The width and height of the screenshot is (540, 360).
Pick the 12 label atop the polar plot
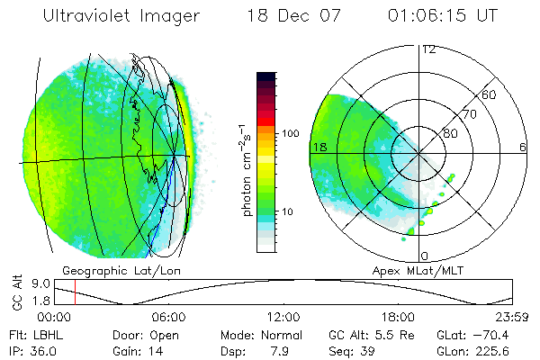[x=428, y=50]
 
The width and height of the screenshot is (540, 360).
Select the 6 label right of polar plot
[x=523, y=147]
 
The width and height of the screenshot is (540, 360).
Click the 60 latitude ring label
[x=490, y=94]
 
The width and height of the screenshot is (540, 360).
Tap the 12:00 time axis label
[x=283, y=317]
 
